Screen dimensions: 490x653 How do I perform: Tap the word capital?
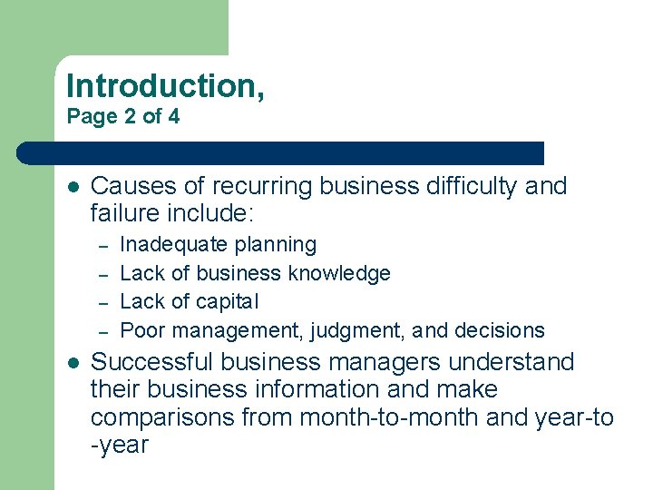[x=228, y=301]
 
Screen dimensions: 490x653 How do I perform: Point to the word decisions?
[x=501, y=330]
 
